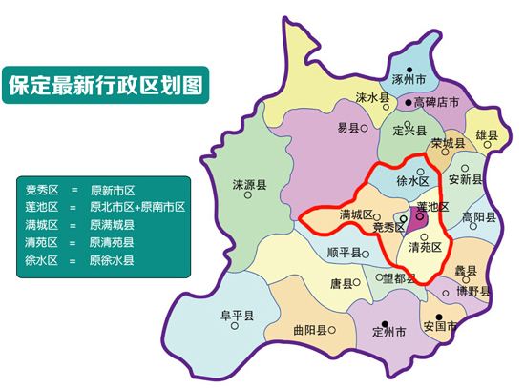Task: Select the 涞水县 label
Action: (x=374, y=97)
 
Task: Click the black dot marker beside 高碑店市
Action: (x=409, y=101)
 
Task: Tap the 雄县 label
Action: (x=487, y=136)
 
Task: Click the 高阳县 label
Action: (x=478, y=217)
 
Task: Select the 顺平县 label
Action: (x=343, y=253)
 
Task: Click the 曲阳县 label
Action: (x=311, y=331)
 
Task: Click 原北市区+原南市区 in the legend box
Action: (x=137, y=207)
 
